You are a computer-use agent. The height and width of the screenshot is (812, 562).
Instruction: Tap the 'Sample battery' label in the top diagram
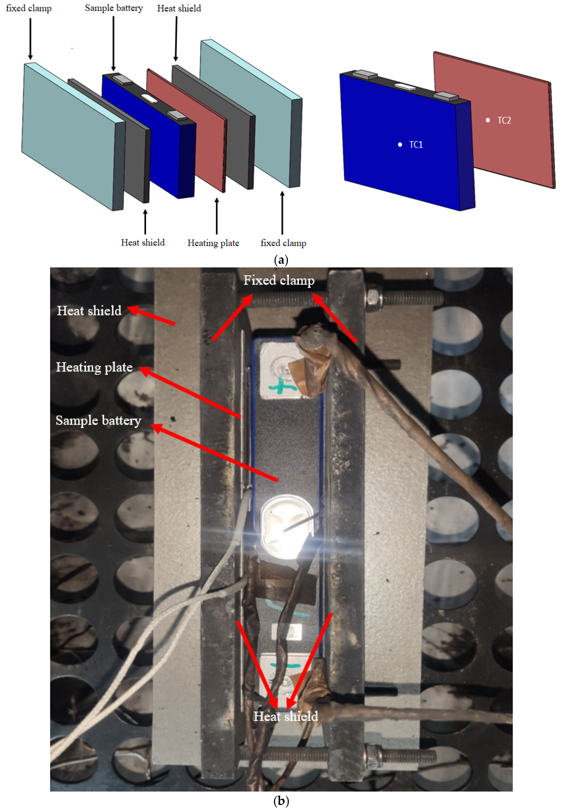(x=114, y=8)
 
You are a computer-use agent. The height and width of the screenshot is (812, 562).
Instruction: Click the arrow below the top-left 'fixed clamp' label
(x=30, y=39)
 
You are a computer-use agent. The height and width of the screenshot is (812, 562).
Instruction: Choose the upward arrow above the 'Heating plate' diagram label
(x=217, y=216)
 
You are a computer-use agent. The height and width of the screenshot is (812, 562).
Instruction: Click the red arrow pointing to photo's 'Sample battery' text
(x=215, y=453)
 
